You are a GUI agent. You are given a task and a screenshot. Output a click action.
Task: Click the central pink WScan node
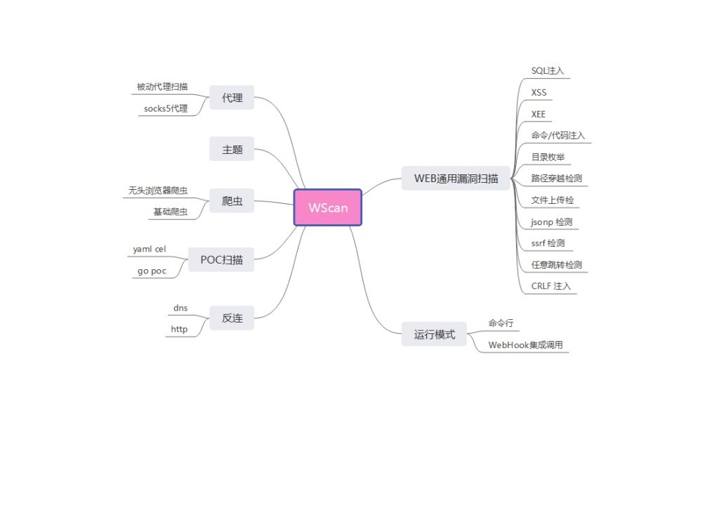point(328,207)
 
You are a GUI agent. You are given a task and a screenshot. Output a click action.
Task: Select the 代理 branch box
point(232,98)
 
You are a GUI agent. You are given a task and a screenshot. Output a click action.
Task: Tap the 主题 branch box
point(232,150)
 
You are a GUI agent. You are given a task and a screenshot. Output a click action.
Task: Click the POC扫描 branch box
point(221,259)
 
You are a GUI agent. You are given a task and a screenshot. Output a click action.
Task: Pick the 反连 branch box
point(232,318)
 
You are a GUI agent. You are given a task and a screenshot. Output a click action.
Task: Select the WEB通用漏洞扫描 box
point(456,178)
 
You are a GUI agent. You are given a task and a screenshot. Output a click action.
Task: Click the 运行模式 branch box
point(434,335)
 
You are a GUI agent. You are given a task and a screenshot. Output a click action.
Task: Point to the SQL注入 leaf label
point(548,71)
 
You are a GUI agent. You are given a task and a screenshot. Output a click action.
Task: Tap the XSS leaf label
point(539,92)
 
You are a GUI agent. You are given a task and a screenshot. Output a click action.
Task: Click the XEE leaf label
point(539,114)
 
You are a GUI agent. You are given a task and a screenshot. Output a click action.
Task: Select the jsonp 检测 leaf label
point(552,221)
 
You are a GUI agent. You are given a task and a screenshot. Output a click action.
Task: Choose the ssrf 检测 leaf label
point(548,243)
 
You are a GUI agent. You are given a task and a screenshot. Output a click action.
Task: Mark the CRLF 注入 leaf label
point(551,286)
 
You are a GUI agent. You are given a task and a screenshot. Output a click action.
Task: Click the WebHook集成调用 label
point(526,345)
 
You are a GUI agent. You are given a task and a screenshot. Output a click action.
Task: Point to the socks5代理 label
point(166,108)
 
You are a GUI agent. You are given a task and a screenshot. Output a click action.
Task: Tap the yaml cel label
point(150,249)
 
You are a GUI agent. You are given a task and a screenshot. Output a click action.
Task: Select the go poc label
point(150,271)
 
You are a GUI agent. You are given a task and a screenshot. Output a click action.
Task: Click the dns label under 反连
point(180,308)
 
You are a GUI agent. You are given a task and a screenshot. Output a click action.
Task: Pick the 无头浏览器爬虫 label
point(158,191)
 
